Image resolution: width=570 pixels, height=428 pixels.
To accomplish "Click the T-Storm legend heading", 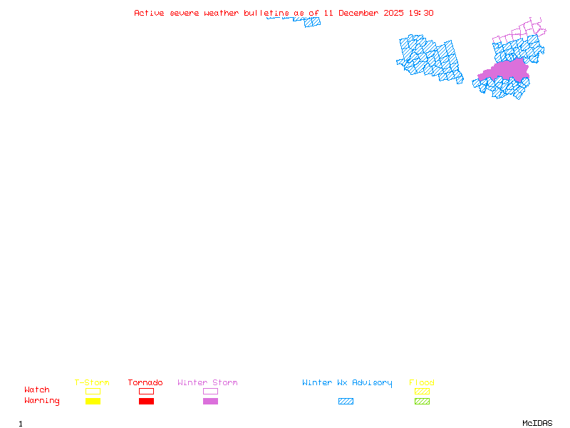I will tap(92, 383).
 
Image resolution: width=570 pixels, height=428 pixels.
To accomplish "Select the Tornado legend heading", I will tap(145, 383).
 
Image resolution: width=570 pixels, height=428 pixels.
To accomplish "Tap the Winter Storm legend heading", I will tap(207, 383).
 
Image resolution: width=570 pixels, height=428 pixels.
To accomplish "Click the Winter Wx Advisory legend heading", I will tap(347, 383).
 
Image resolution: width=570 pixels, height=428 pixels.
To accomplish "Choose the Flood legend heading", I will tap(422, 383).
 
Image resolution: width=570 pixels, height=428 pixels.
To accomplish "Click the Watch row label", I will tap(37, 390).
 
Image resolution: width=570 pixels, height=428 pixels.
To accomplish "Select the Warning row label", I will tap(42, 401).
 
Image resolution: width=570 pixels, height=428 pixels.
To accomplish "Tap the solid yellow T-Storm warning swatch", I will tap(93, 402).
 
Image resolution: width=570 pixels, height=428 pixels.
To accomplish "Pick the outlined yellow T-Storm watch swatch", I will tap(93, 391).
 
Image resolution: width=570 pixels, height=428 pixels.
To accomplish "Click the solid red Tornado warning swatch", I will tap(146, 402).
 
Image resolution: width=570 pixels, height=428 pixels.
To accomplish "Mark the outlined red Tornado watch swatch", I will tap(146, 391).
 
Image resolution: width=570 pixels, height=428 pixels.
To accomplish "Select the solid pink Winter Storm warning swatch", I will tap(210, 402).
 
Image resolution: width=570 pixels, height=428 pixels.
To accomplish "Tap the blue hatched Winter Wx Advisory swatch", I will tap(346, 402).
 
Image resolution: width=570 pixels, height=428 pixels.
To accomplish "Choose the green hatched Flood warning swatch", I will tap(422, 402).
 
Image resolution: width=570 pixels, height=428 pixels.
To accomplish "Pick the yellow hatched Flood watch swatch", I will tap(422, 391).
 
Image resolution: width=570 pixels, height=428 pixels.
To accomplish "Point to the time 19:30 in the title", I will tap(421, 14).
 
